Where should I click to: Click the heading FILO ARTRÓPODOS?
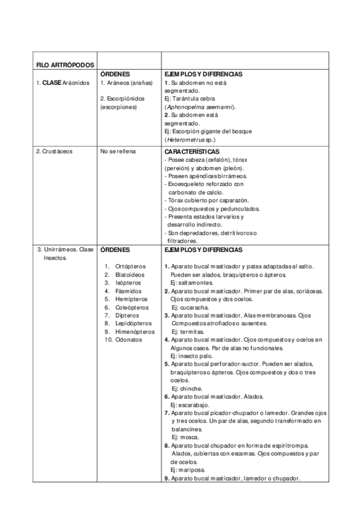click(61, 64)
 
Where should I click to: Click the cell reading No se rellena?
click(118, 152)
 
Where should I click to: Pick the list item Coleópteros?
click(132, 307)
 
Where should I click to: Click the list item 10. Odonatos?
click(123, 340)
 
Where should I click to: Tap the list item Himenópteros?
click(135, 331)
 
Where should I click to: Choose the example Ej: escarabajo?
click(191, 405)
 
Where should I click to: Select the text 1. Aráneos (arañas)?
click(126, 82)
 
